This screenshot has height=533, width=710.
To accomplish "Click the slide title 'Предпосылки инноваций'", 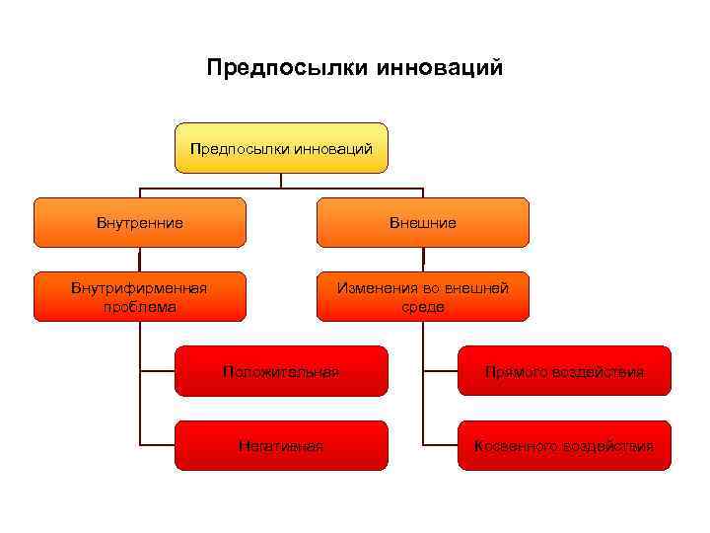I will [x=355, y=68].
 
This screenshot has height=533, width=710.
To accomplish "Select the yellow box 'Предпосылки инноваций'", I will [x=281, y=148].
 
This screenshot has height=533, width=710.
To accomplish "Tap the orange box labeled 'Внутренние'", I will [x=140, y=223].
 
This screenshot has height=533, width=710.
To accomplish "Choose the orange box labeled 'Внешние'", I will [x=422, y=223].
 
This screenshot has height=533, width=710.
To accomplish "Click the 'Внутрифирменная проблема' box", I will [x=140, y=297].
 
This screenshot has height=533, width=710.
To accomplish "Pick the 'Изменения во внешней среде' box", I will [x=422, y=297].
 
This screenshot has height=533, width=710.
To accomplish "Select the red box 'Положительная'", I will [x=281, y=372].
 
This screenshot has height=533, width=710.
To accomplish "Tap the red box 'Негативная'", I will [x=281, y=446].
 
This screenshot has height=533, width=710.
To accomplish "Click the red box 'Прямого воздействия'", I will [x=563, y=372].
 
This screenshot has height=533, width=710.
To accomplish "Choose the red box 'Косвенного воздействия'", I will [x=563, y=446].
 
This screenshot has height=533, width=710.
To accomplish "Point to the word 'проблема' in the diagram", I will [x=140, y=307].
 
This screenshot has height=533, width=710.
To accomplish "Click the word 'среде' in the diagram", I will [x=423, y=307].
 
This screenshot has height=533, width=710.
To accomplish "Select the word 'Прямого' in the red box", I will [x=515, y=372].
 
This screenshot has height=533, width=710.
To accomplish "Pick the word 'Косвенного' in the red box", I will [x=513, y=446].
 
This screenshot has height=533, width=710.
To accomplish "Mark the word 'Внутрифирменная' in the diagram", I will [x=139, y=288].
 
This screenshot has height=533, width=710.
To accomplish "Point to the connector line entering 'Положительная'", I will [x=158, y=372].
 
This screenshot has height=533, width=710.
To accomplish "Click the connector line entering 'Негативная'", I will [x=158, y=445].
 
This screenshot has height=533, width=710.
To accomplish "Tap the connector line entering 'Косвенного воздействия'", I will [x=440, y=445].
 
